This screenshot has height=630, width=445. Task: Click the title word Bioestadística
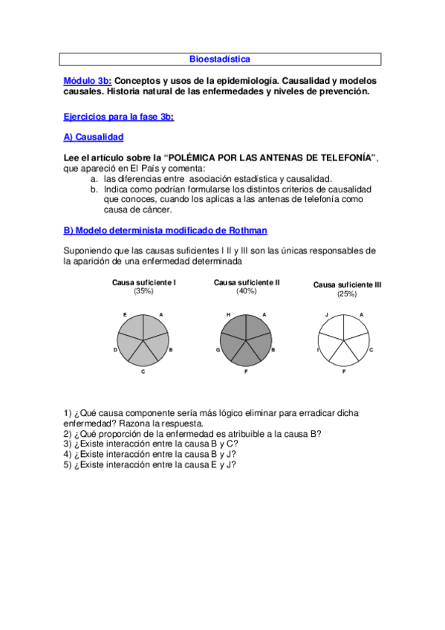click(219, 59)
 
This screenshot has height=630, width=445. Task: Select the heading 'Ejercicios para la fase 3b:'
click(119, 117)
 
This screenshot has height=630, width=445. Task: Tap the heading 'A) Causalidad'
click(94, 137)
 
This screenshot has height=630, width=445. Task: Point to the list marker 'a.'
click(94, 179)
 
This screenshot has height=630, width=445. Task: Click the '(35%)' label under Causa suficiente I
click(143, 291)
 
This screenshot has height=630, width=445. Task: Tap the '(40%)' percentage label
click(247, 291)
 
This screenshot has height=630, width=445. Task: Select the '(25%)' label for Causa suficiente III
click(346, 294)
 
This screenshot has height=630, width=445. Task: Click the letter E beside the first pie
click(125, 315)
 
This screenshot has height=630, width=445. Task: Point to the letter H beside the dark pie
click(228, 315)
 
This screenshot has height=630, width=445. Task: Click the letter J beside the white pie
click(327, 315)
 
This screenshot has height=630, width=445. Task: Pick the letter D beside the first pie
click(115, 348)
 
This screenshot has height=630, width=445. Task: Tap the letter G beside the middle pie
click(218, 348)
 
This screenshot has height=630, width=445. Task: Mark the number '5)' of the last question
click(68, 464)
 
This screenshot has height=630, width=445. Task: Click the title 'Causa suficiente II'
click(247, 282)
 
